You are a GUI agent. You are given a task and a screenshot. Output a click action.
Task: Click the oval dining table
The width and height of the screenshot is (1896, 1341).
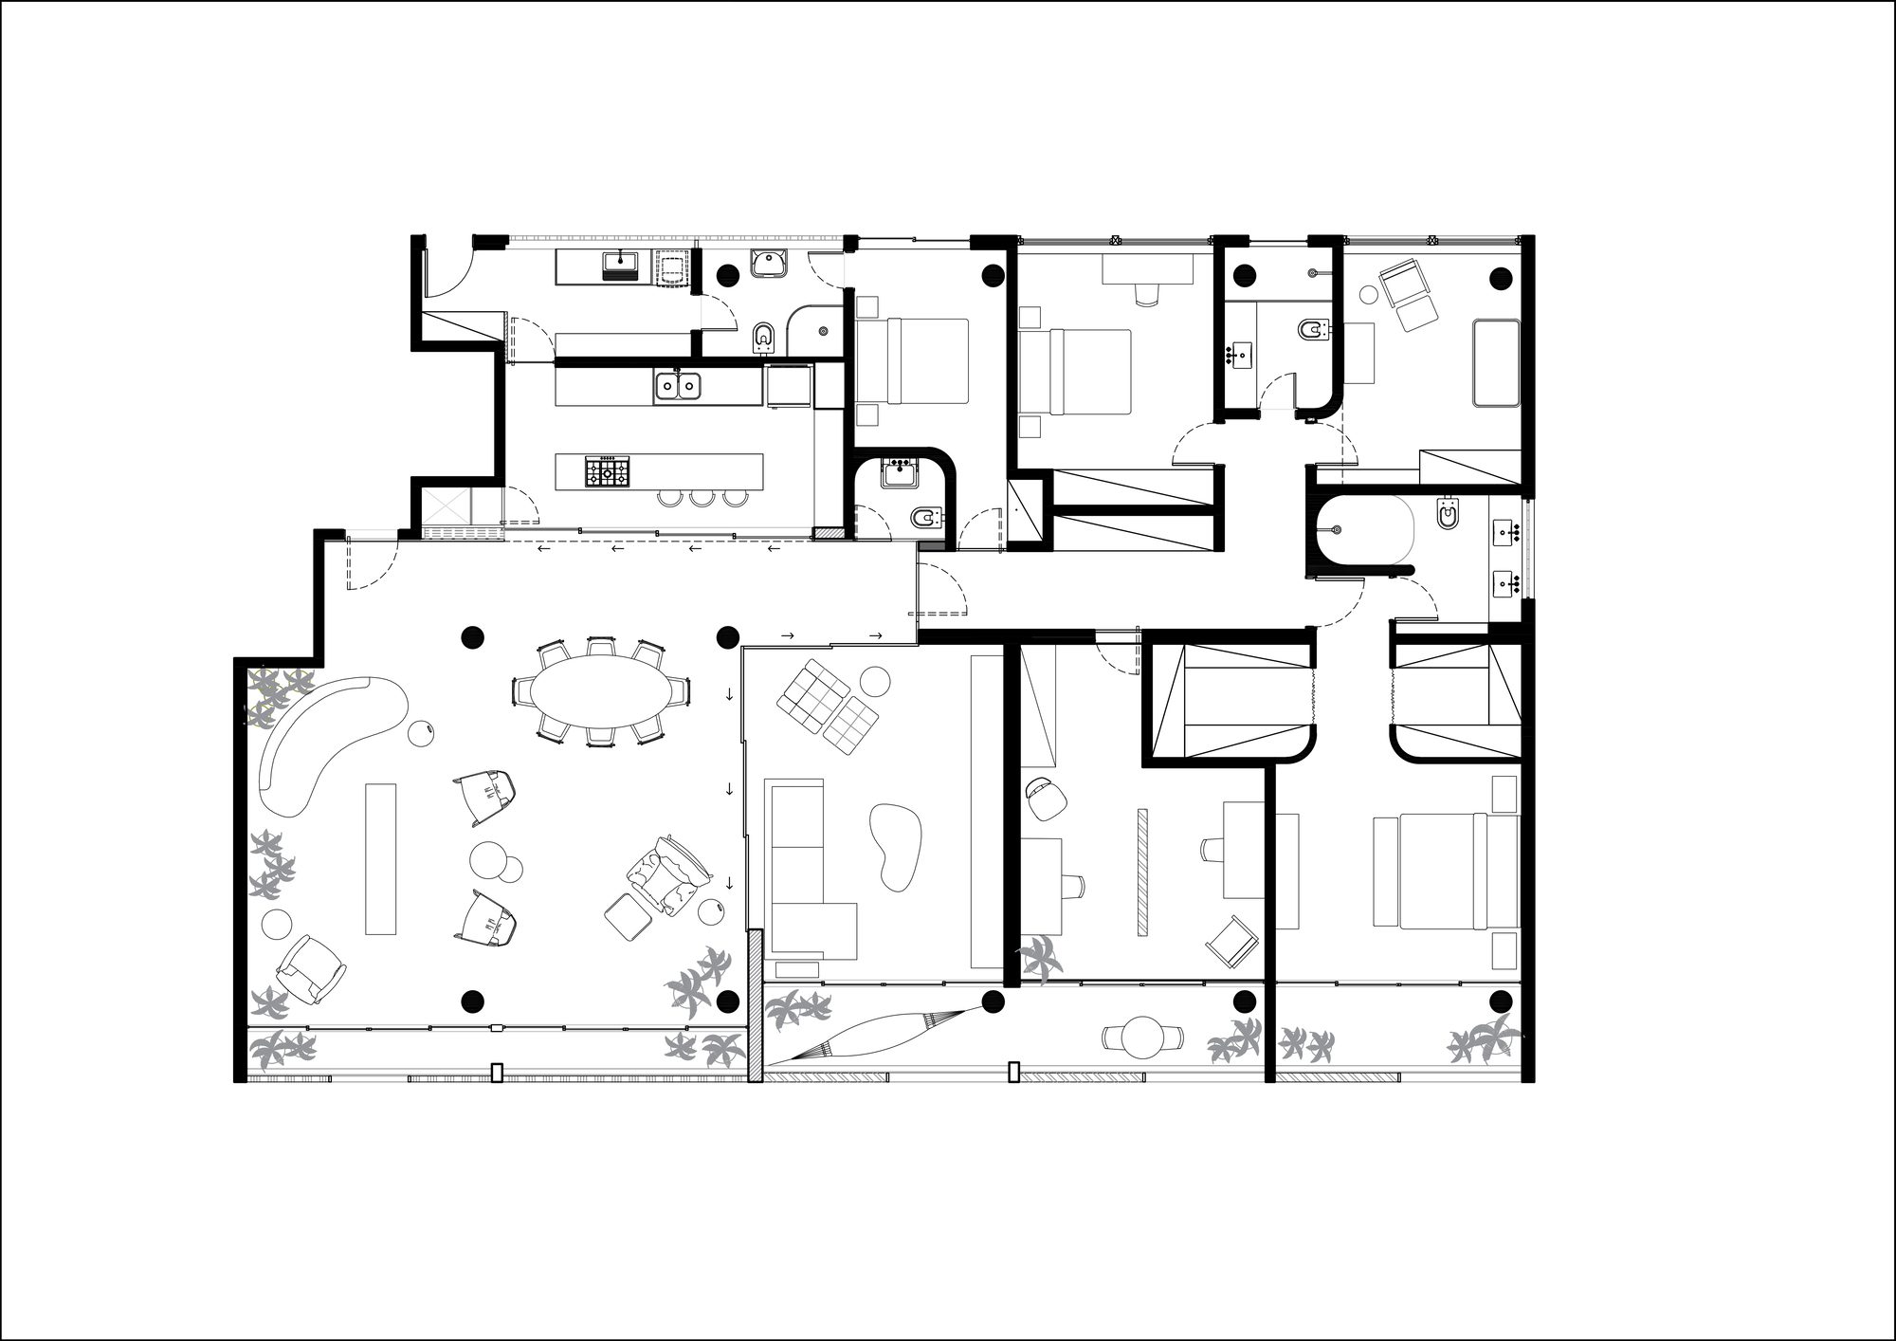point(598,691)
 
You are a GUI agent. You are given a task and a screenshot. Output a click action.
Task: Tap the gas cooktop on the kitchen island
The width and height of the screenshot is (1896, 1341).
point(606,471)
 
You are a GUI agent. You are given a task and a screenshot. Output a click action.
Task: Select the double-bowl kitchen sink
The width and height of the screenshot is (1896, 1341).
point(677,385)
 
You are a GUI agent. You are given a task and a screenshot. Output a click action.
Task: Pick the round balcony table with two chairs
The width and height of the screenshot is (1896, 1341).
point(1143,1038)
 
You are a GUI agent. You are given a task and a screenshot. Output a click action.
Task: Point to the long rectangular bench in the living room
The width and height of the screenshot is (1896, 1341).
point(380,858)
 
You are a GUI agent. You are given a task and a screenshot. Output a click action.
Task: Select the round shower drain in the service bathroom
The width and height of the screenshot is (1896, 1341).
point(822,331)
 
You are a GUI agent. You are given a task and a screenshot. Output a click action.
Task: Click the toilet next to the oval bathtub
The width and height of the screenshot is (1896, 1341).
point(1449,515)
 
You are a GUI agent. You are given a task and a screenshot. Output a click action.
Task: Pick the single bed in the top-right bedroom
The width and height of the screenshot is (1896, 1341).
point(1496,362)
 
